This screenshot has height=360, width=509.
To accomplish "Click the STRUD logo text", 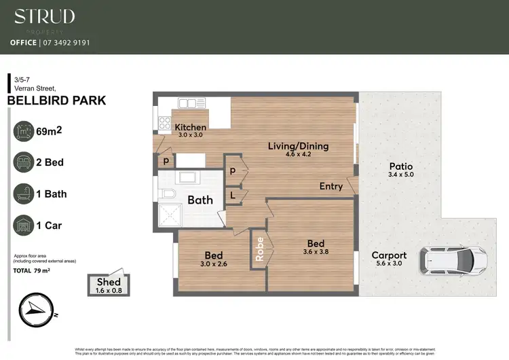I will point(45,17).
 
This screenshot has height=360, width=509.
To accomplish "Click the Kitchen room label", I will point(190,127).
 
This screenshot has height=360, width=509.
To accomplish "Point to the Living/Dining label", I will point(298,146).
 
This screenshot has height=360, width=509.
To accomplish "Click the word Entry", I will point(331,187).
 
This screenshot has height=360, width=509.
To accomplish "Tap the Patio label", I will point(400,166).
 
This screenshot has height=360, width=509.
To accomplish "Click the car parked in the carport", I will point(453,259).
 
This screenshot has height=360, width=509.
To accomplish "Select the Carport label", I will point(389,255).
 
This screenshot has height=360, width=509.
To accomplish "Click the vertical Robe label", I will point(259,249).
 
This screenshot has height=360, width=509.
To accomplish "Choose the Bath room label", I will point(200,200).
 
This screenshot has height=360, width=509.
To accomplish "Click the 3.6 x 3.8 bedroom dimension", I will point(315,253).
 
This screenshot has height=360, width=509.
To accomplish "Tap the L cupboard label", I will point(233,195).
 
